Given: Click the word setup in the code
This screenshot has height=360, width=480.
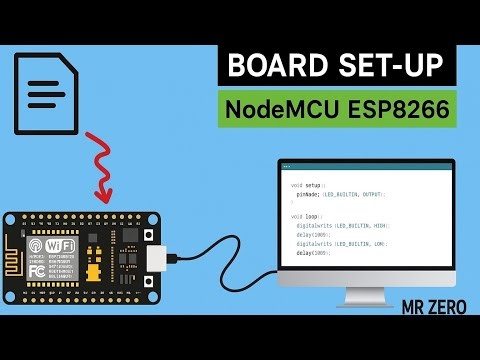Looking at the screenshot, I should [x=313, y=186].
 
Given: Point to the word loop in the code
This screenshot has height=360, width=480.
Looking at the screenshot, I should [x=312, y=216].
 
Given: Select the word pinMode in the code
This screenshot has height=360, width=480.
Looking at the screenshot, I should [x=308, y=195].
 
